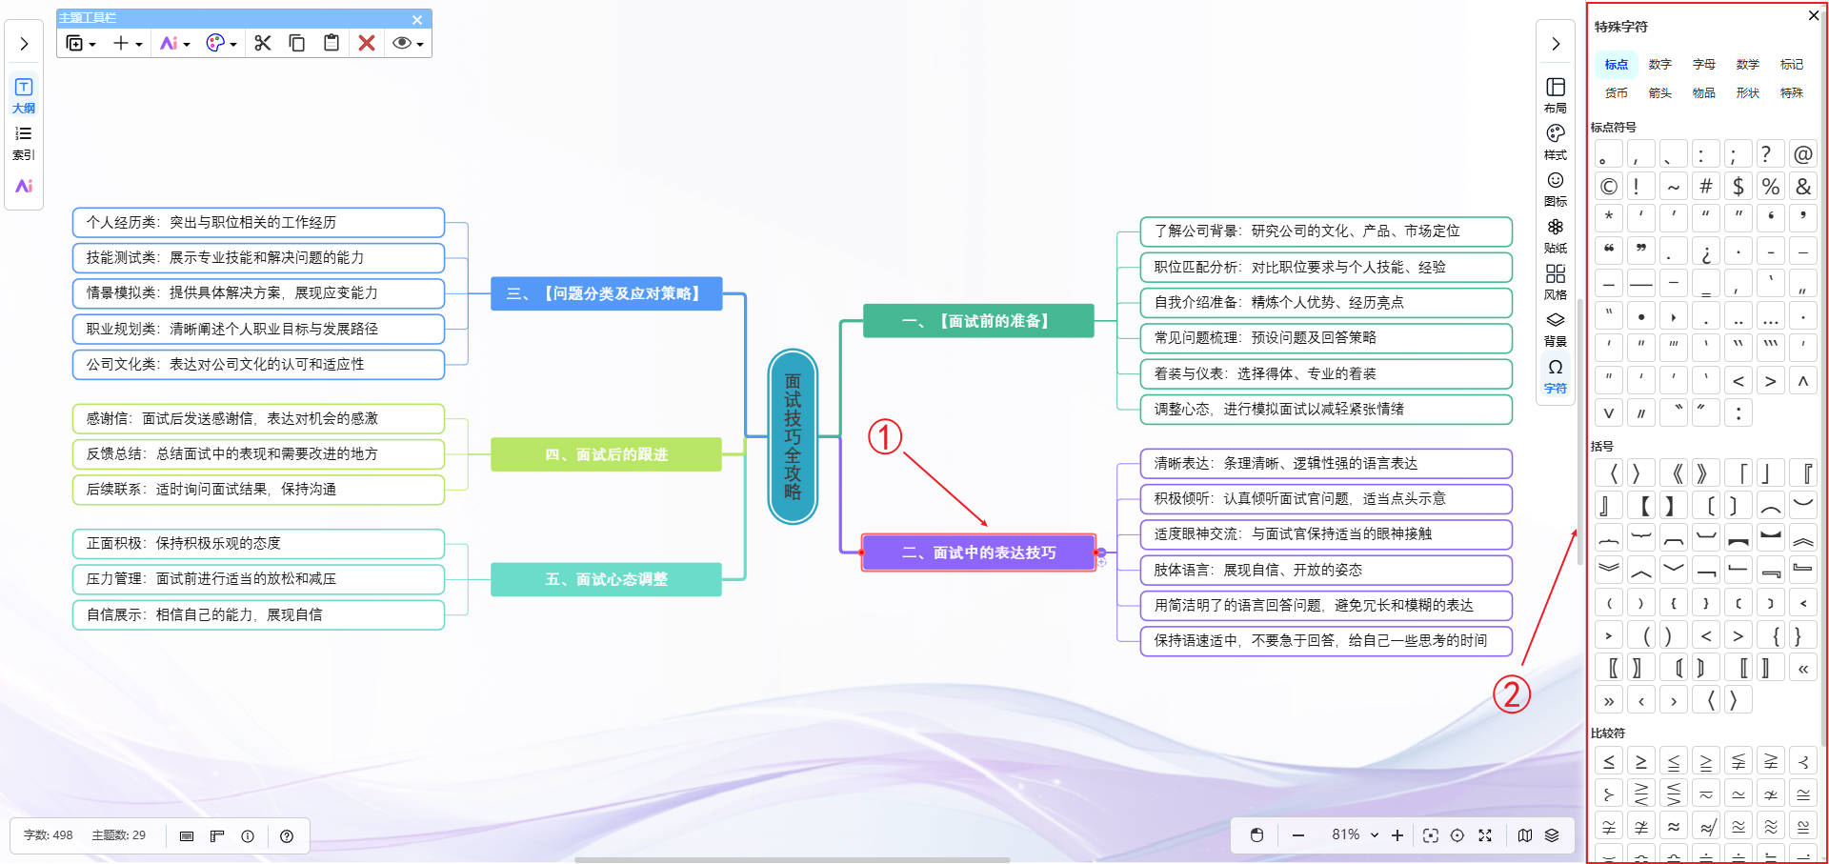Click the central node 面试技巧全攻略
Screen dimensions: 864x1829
point(793,436)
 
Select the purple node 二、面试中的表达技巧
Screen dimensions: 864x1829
point(978,553)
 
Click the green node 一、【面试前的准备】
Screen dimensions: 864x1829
point(977,321)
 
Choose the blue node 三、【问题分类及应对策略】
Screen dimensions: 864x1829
point(606,293)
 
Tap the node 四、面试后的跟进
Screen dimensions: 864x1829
point(606,454)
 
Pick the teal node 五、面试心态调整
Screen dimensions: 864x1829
point(606,579)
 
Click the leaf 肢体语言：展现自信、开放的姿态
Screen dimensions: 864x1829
point(1325,570)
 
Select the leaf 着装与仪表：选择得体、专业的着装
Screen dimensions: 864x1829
point(1325,373)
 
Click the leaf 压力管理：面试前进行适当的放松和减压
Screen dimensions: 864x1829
point(258,578)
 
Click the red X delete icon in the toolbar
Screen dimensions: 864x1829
point(367,43)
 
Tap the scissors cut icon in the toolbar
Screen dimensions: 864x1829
point(263,43)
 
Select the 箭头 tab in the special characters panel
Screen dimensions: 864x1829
point(1659,92)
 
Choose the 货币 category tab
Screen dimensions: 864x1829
point(1616,92)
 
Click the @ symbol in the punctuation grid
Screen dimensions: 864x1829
point(1802,154)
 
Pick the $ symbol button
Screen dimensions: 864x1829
point(1739,187)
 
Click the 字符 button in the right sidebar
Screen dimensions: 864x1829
point(1555,375)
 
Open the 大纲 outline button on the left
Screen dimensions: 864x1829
point(24,94)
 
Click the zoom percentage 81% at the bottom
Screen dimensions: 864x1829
point(1346,834)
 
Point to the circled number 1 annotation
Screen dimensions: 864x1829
point(884,437)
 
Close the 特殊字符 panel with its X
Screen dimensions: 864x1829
point(1814,15)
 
